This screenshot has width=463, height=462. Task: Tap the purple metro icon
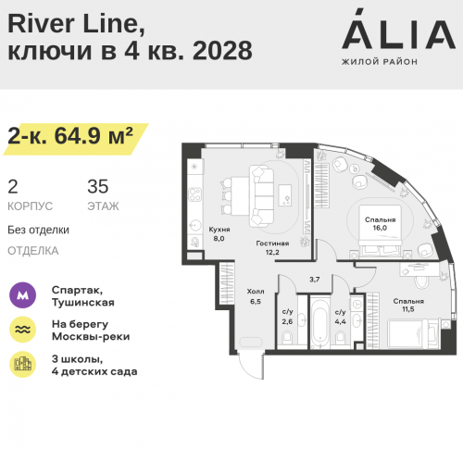click(x=22, y=295)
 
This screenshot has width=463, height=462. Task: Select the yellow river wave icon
click(x=22, y=330)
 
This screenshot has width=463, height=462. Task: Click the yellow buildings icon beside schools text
click(x=22, y=364)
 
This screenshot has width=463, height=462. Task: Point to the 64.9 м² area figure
click(x=94, y=136)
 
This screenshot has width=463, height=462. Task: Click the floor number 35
click(x=98, y=186)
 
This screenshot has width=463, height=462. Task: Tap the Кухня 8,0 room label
click(x=219, y=234)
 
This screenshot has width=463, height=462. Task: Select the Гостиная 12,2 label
click(x=272, y=247)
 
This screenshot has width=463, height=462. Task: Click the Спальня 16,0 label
click(x=380, y=224)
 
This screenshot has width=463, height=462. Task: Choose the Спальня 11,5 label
click(x=408, y=305)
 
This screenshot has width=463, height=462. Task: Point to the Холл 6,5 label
click(x=256, y=296)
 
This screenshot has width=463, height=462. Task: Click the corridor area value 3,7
click(x=315, y=280)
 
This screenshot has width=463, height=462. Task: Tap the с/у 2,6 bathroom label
click(x=287, y=317)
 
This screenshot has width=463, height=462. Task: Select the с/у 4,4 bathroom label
click(x=341, y=317)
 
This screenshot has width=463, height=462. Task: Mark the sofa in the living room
click(x=262, y=195)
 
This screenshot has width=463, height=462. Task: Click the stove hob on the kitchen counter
click(x=195, y=194)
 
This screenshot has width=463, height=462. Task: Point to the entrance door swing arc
click(x=245, y=370)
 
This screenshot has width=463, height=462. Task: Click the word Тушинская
click(x=83, y=303)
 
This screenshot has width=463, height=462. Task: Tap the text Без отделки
click(x=38, y=230)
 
